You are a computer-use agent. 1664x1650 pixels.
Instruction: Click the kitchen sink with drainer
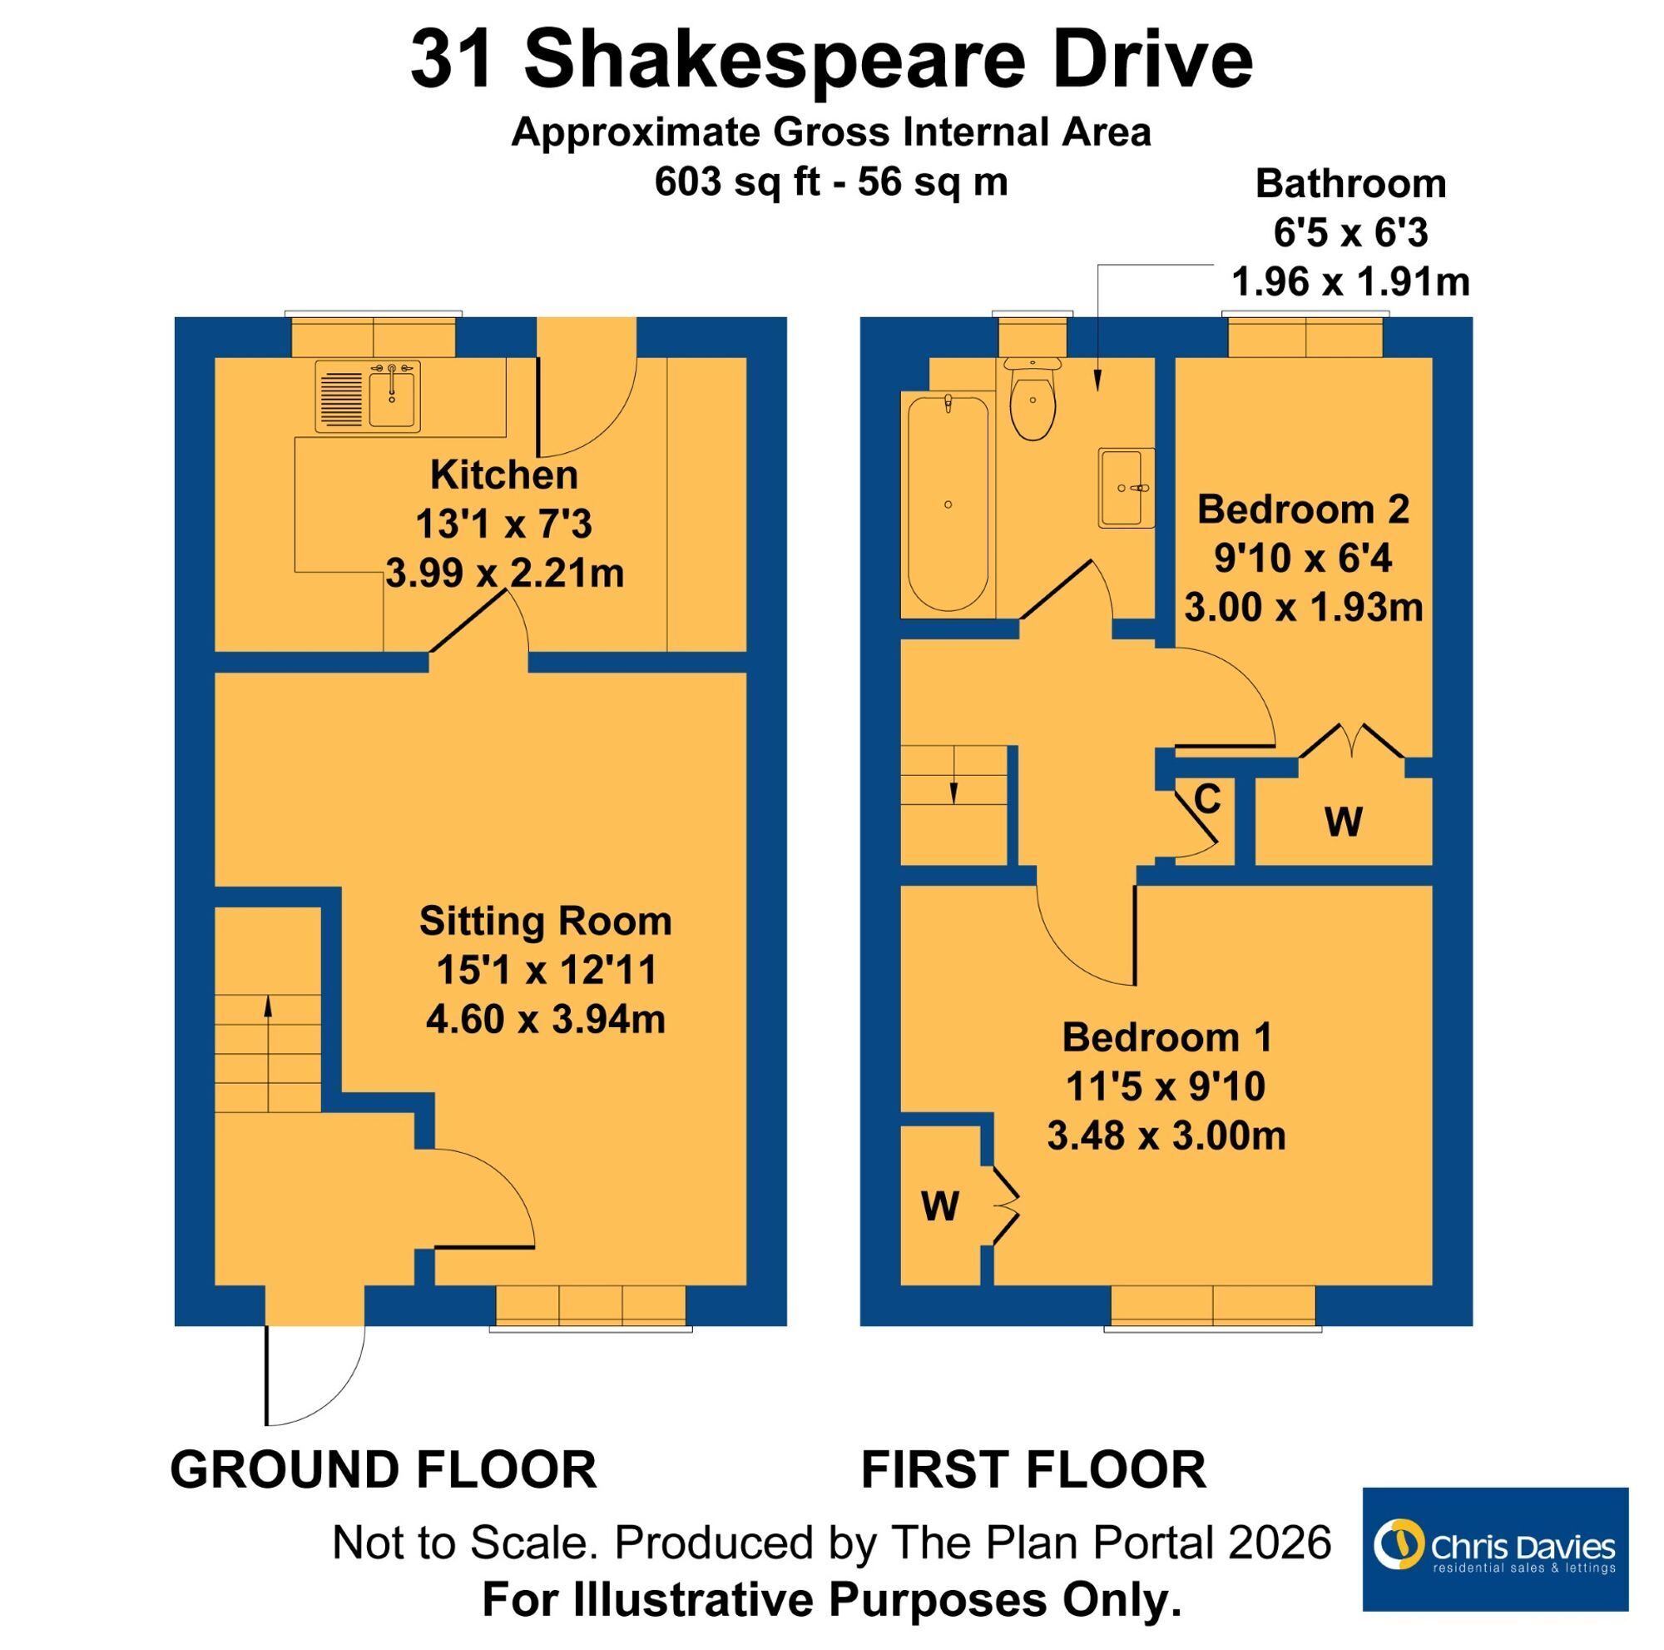(368, 396)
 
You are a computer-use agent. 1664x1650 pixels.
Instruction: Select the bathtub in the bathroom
(948, 504)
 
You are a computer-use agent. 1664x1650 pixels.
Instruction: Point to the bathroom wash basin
(1126, 488)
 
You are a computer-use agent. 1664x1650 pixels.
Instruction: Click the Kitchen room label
(504, 475)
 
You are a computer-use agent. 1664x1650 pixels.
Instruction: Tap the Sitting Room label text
(545, 921)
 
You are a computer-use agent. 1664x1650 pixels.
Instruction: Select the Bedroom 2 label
(1303, 509)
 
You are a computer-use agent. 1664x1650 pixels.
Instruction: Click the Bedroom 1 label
(1166, 1036)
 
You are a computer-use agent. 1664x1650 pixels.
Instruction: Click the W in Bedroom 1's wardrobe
(939, 1206)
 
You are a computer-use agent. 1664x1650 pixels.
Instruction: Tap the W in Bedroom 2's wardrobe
(1344, 822)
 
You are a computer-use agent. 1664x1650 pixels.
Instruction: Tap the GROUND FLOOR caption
(384, 1469)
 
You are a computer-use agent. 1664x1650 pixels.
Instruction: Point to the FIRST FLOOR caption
(1033, 1469)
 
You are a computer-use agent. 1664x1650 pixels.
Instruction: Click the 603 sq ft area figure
(737, 181)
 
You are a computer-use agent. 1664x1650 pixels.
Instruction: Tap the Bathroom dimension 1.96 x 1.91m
(1350, 281)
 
